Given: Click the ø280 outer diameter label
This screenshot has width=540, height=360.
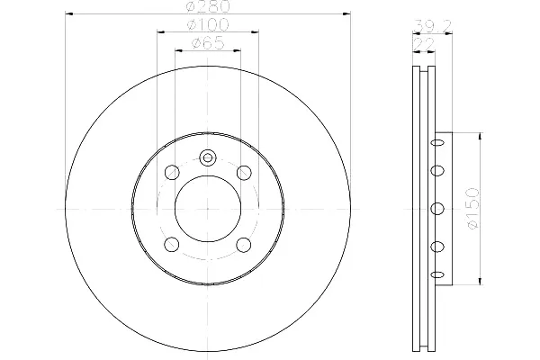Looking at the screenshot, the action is click(x=208, y=6).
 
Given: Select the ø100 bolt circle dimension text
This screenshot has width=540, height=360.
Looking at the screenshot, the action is click(x=208, y=24).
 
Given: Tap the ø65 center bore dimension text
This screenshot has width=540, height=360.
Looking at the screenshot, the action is click(x=208, y=43).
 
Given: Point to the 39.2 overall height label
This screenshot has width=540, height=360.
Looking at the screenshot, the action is click(x=433, y=26).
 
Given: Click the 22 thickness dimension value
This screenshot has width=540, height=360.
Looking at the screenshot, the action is click(x=424, y=44).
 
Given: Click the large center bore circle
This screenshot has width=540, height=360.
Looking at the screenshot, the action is click(x=175, y=208).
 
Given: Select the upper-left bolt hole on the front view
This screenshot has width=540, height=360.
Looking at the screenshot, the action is click(x=172, y=172).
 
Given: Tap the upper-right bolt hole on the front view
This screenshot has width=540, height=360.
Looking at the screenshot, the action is click(x=244, y=172).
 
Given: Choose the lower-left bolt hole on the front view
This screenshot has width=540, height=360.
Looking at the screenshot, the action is click(x=172, y=244).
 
